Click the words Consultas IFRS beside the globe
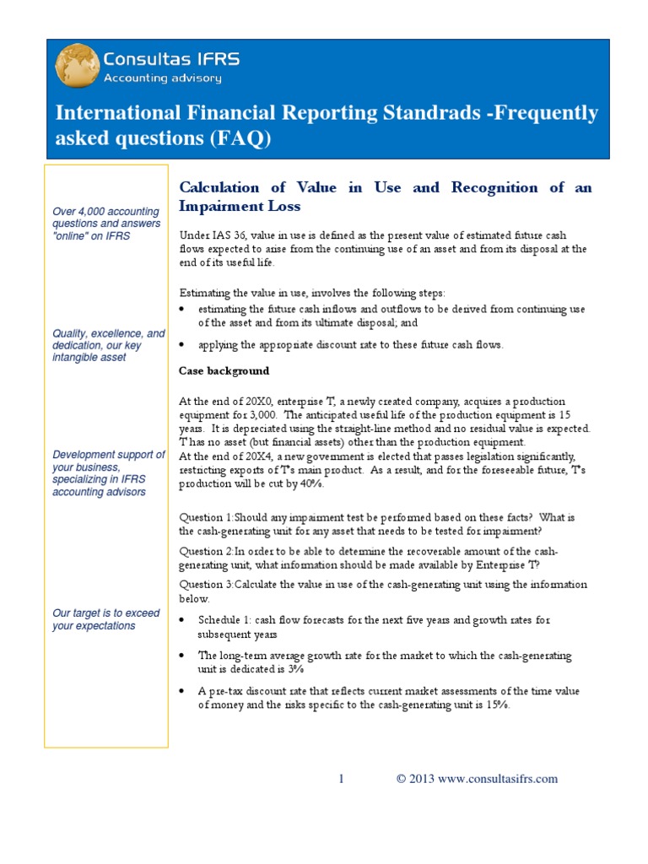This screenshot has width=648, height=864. (x=170, y=59)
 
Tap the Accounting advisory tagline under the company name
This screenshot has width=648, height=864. (x=162, y=78)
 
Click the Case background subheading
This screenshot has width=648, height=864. (x=224, y=371)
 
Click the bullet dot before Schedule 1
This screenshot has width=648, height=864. (x=184, y=620)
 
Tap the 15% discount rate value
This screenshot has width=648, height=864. (x=497, y=705)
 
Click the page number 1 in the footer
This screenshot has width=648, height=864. (x=341, y=779)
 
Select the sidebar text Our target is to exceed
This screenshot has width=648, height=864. (x=105, y=613)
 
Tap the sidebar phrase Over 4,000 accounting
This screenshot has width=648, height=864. (x=105, y=211)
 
